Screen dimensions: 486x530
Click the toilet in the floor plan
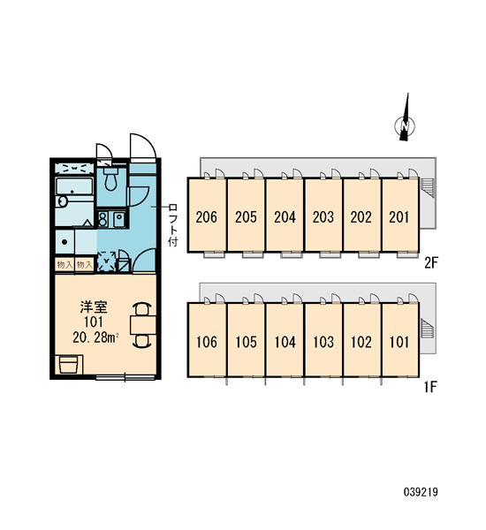(110, 178)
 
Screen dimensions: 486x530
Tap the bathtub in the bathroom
(74, 186)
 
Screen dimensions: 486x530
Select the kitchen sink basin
(118, 219)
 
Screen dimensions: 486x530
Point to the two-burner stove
(103, 219)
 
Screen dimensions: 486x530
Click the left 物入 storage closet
(65, 265)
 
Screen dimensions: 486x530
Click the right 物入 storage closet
(84, 265)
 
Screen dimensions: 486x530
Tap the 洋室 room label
(94, 307)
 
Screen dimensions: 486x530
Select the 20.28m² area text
(95, 337)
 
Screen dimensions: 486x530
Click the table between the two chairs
(143, 325)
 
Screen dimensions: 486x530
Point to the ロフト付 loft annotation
(173, 224)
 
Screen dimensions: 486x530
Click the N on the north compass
(405, 125)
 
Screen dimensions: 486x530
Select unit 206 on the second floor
(207, 215)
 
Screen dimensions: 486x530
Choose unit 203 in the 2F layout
(323, 215)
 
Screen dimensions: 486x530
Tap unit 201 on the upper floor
(400, 215)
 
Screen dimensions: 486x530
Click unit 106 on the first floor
(207, 340)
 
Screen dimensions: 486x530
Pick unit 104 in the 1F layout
(285, 340)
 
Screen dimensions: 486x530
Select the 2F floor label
(431, 262)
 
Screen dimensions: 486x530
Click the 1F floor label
(431, 387)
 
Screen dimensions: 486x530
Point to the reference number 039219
(421, 492)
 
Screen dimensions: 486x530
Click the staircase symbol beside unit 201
(428, 187)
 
